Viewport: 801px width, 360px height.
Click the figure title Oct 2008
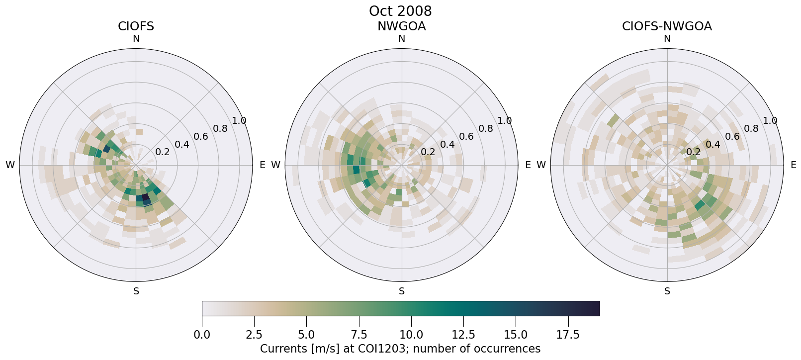click(x=400, y=11)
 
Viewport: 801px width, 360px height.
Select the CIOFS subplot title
click(x=136, y=26)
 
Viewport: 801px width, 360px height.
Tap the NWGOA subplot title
click(x=401, y=26)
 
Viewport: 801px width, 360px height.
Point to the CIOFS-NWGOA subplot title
click(x=667, y=26)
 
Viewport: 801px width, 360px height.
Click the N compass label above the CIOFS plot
click(x=136, y=39)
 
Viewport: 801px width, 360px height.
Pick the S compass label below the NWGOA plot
click(x=402, y=291)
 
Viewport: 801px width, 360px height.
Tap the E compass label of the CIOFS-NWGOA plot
click(x=793, y=165)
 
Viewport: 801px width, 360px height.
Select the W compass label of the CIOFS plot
click(x=10, y=165)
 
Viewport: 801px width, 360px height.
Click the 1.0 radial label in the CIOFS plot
click(x=239, y=121)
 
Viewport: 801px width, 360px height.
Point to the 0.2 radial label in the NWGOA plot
click(x=428, y=152)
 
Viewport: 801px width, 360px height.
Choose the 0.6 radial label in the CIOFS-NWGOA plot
click(x=732, y=137)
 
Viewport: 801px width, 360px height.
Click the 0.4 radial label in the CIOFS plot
click(x=181, y=145)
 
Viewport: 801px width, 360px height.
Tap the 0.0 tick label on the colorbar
click(x=202, y=335)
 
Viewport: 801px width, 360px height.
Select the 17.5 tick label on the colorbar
click(x=568, y=335)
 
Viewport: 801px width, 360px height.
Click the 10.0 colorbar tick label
click(x=411, y=335)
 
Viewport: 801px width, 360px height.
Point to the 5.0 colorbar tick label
click(x=306, y=335)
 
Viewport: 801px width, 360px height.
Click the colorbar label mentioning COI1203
click(x=400, y=349)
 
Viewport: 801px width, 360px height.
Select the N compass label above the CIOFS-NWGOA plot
click(x=667, y=39)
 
